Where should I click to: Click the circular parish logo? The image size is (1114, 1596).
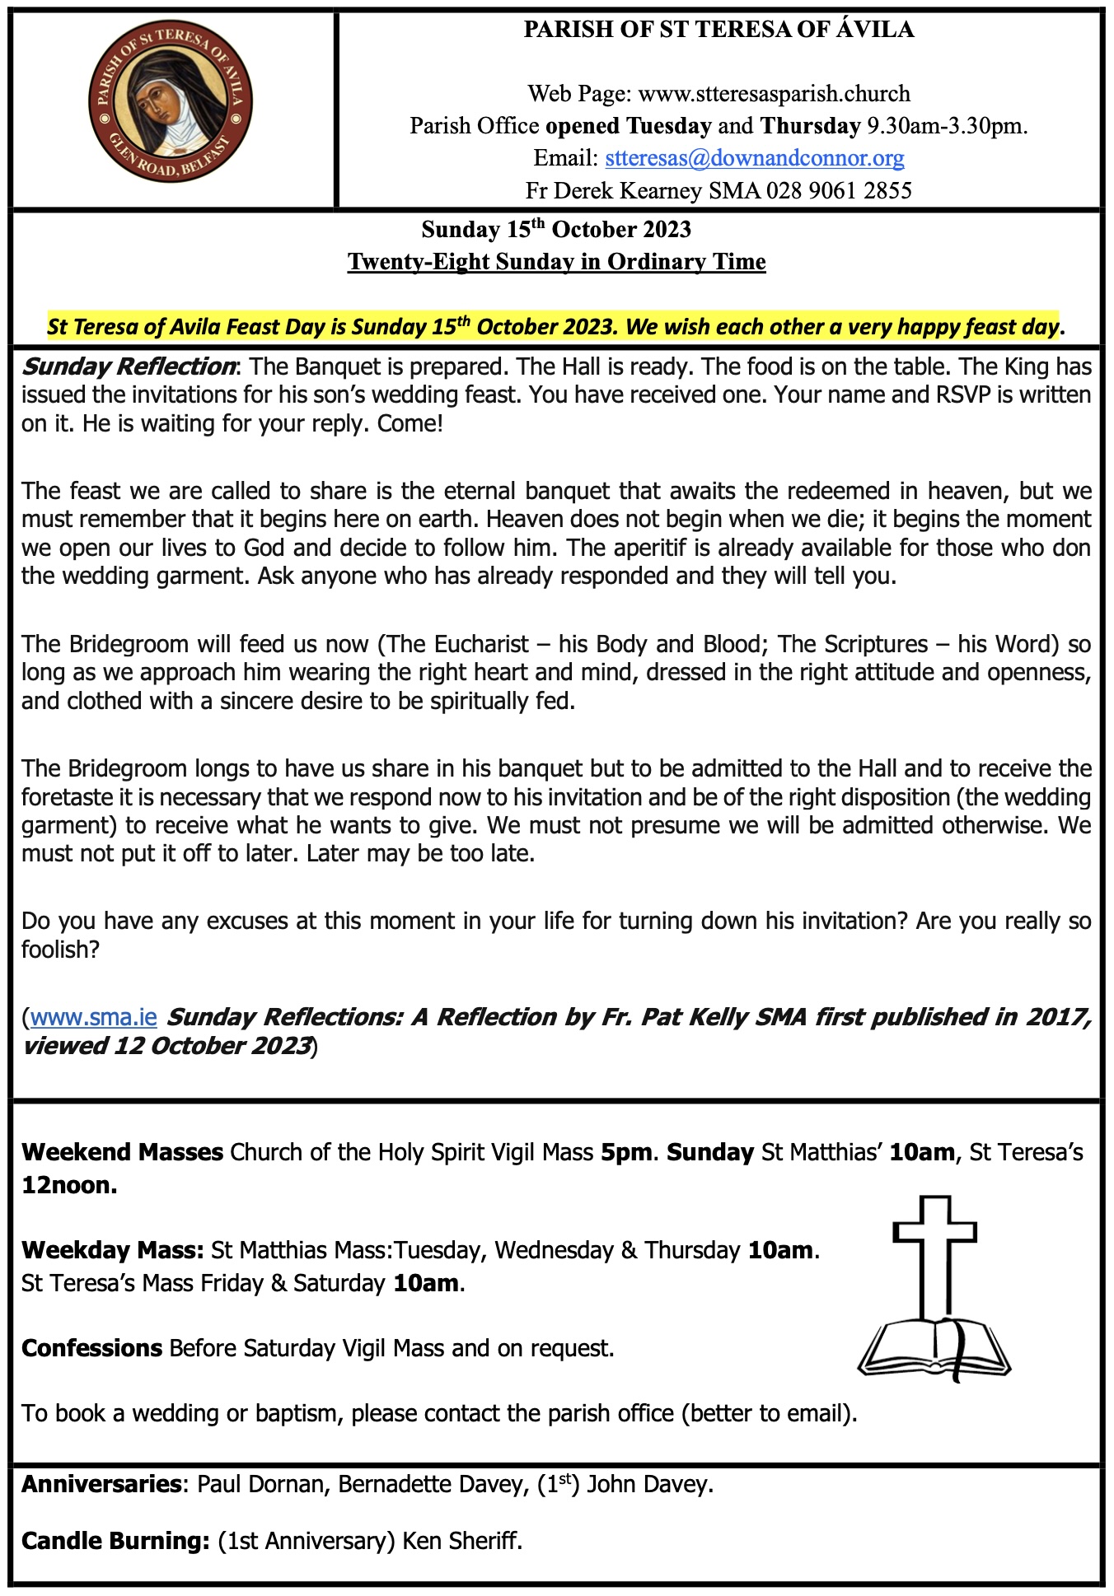(x=171, y=102)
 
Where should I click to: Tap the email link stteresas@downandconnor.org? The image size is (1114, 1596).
(x=754, y=157)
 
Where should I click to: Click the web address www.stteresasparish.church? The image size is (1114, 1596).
(x=774, y=93)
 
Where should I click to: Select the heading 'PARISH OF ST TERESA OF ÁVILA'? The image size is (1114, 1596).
(x=718, y=30)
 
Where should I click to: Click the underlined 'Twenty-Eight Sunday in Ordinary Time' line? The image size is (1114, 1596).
(x=556, y=262)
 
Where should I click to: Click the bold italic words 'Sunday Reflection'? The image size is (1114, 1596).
(x=129, y=366)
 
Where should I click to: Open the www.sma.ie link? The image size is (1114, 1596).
(x=93, y=1017)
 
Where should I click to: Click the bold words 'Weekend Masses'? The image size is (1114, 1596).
(x=122, y=1152)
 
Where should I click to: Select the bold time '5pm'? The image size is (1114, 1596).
(x=626, y=1152)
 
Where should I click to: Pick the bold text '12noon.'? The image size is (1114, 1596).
(x=69, y=1185)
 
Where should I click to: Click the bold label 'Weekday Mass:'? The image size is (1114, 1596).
(x=112, y=1250)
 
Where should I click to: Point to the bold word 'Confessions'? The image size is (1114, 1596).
(x=91, y=1348)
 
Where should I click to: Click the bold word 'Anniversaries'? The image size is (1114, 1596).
(x=101, y=1484)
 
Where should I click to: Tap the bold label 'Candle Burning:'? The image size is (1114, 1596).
(x=115, y=1541)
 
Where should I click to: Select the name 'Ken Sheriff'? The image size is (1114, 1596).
(x=461, y=1541)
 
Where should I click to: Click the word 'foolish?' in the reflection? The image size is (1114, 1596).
(x=60, y=950)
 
